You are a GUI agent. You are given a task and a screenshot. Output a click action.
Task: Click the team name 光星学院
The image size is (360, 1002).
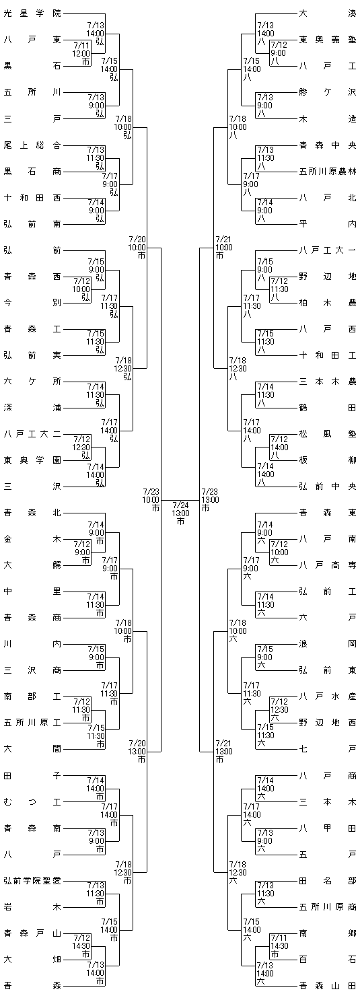pyautogui.click(x=32, y=13)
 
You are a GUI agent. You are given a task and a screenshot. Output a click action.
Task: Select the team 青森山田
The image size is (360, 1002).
pyautogui.click(x=328, y=985)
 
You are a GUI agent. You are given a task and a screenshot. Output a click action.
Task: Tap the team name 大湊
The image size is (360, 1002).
pyautogui.click(x=328, y=13)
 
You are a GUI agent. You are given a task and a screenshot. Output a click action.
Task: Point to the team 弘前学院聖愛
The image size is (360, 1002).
pyautogui.click(x=32, y=881)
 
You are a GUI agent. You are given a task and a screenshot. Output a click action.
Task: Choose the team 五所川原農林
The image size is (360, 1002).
pyautogui.click(x=328, y=172)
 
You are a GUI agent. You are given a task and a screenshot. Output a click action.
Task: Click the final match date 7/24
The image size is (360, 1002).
pyautogui.click(x=180, y=505)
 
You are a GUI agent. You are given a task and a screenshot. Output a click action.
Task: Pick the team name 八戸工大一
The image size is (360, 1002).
pyautogui.click(x=328, y=250)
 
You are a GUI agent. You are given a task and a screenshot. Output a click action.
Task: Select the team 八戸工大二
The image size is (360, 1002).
pyautogui.click(x=32, y=433)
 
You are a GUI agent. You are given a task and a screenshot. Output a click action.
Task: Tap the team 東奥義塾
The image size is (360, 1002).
pyautogui.click(x=328, y=40)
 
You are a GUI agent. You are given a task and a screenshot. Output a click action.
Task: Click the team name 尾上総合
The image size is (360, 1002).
pyautogui.click(x=32, y=145)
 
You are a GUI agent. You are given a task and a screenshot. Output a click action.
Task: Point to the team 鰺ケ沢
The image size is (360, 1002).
pyautogui.click(x=328, y=93)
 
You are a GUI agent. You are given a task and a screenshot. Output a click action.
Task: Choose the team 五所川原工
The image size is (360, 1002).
pyautogui.click(x=32, y=723)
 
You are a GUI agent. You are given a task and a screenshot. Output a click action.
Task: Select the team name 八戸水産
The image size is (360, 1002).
pyautogui.click(x=328, y=696)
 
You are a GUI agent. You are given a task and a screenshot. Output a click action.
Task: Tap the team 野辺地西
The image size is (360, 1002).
pyautogui.click(x=328, y=723)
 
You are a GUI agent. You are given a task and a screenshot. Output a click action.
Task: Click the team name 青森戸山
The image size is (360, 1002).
pyautogui.click(x=32, y=933)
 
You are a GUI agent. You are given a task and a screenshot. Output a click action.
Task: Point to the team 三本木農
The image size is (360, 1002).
pyautogui.click(x=328, y=382)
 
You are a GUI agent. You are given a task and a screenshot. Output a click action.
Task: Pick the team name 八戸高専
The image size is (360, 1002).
pyautogui.click(x=328, y=565)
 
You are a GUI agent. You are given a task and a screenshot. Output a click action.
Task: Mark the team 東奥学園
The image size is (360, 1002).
pyautogui.click(x=32, y=460)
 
